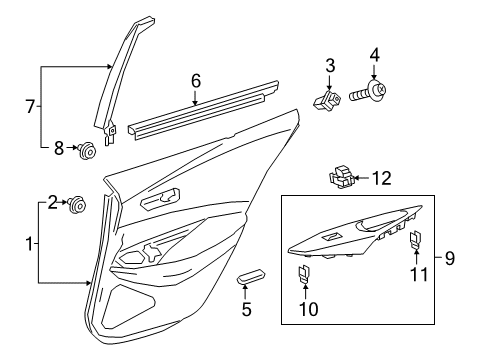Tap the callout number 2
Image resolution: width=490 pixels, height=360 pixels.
click(52, 204)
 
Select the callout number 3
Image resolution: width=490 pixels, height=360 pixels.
click(328, 65)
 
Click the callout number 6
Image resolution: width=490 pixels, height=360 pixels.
click(196, 79)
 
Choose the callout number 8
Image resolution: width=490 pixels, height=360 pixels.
click(59, 149)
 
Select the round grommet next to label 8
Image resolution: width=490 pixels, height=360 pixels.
click(88, 151)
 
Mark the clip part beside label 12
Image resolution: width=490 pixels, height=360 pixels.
click(339, 177)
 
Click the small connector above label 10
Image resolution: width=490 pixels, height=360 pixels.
click(302, 275)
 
